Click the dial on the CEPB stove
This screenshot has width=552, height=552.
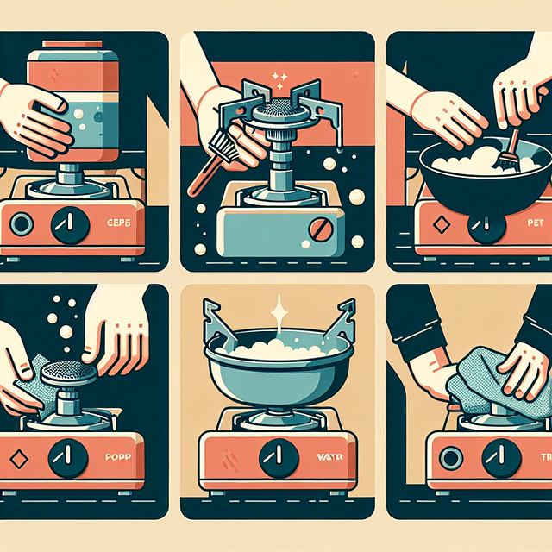pos(69,225)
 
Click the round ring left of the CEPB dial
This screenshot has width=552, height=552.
pos(22,225)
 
